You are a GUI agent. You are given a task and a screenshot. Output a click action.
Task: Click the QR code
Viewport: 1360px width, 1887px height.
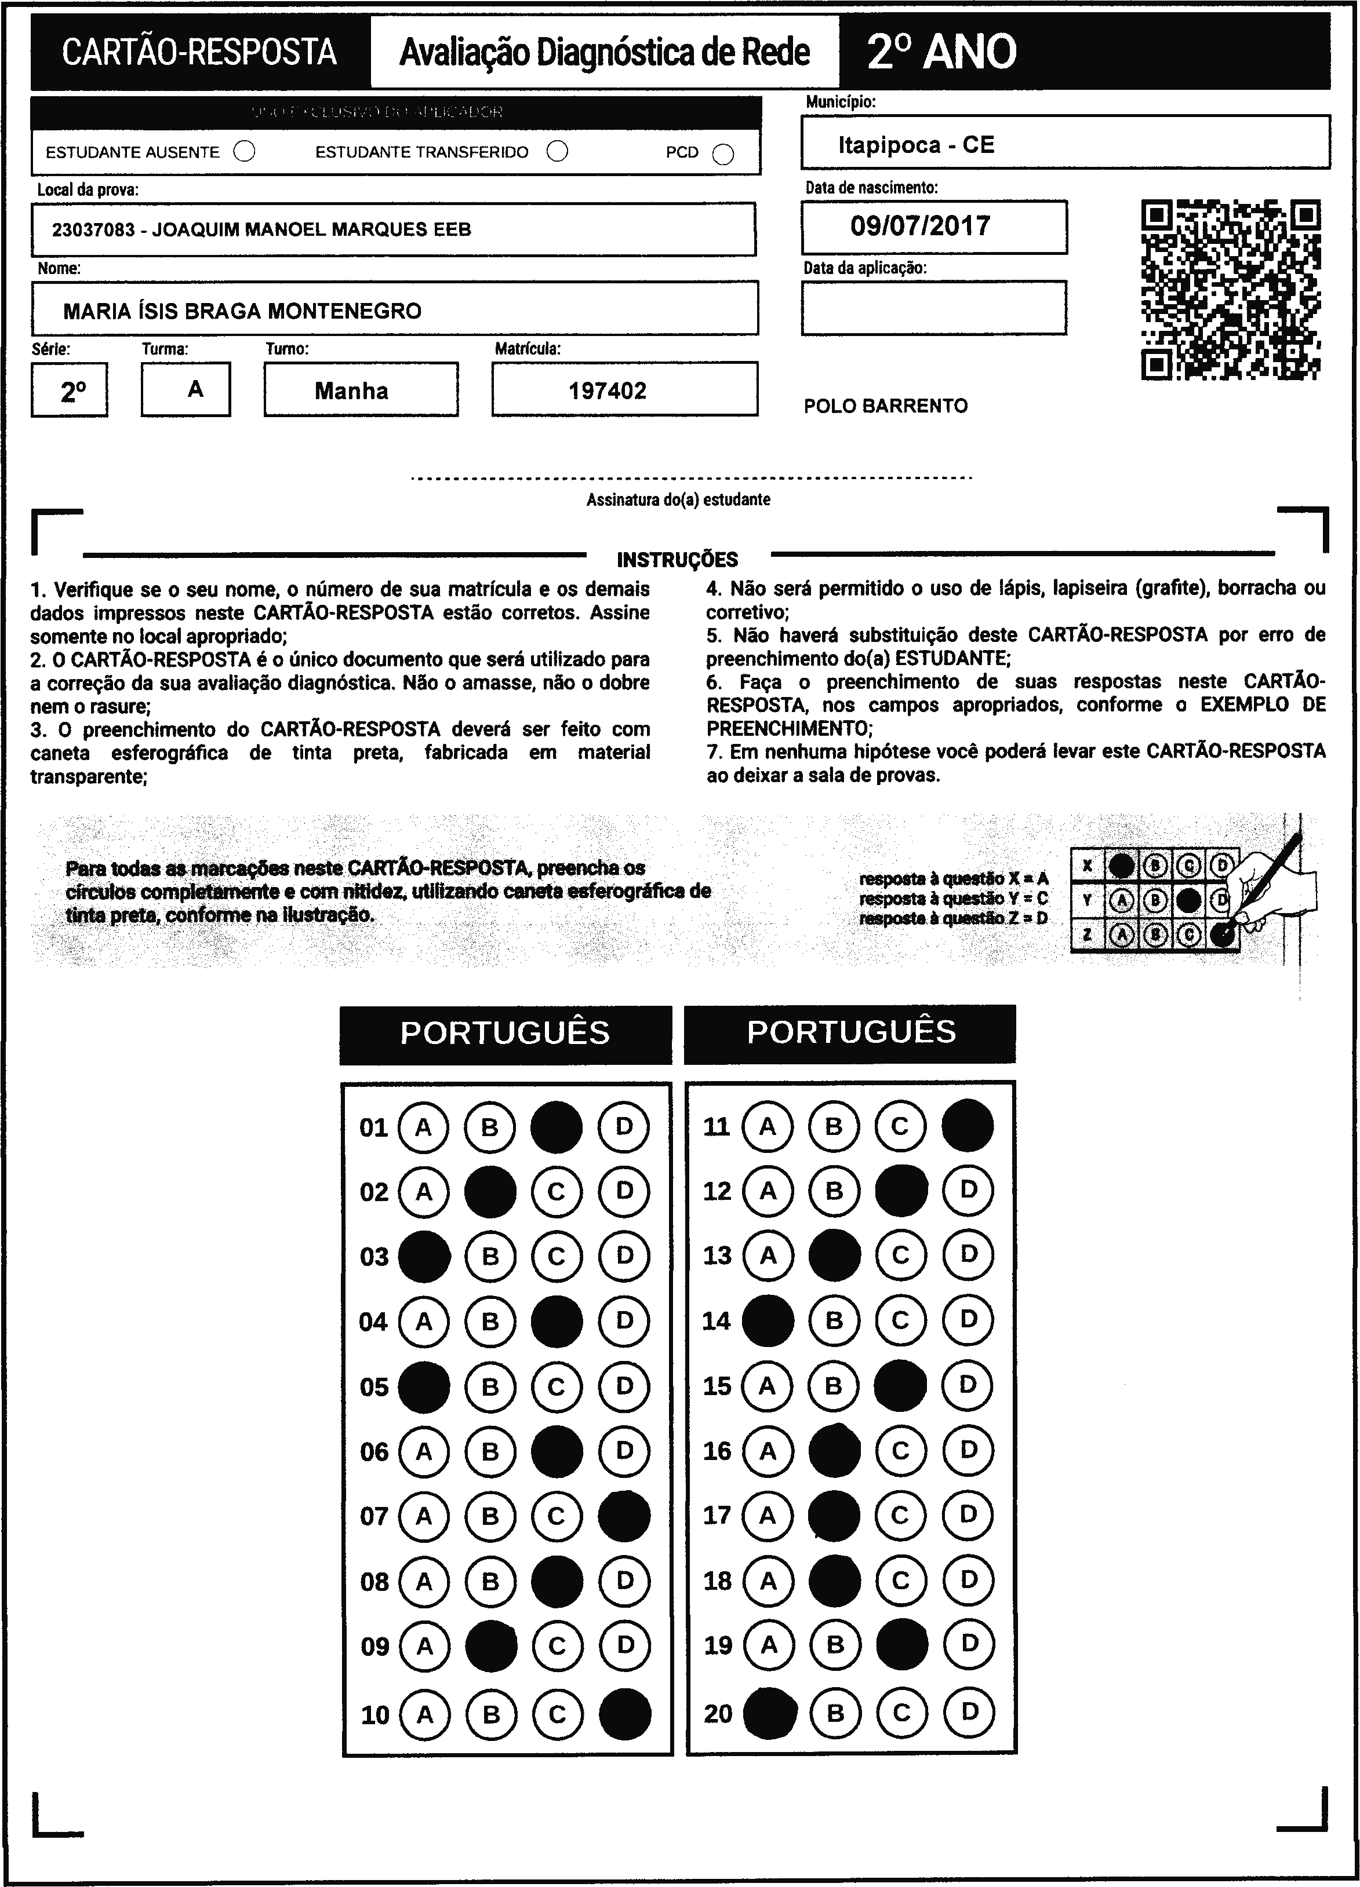(x=1231, y=290)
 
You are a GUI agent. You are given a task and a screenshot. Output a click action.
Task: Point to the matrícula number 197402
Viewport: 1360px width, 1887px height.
(x=608, y=390)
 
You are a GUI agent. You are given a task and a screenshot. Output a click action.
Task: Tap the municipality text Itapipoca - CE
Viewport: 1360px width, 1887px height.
(x=915, y=145)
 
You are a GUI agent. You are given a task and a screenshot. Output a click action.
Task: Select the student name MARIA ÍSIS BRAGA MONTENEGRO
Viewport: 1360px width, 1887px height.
(x=242, y=311)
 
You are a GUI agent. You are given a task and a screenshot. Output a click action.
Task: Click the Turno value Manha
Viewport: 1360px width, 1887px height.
(x=351, y=390)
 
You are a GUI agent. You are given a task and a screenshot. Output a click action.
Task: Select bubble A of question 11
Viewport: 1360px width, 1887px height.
(x=768, y=1126)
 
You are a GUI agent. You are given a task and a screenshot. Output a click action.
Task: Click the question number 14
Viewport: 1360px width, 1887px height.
(x=717, y=1321)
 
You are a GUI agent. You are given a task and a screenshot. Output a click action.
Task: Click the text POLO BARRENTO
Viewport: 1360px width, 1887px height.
(x=886, y=406)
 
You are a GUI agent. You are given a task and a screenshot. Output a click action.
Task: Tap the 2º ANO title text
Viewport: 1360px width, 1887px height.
(x=941, y=52)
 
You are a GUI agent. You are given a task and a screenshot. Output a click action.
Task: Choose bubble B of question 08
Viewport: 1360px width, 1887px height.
(x=490, y=1581)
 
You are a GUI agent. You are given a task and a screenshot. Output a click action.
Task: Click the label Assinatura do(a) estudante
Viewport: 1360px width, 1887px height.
(x=678, y=500)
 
